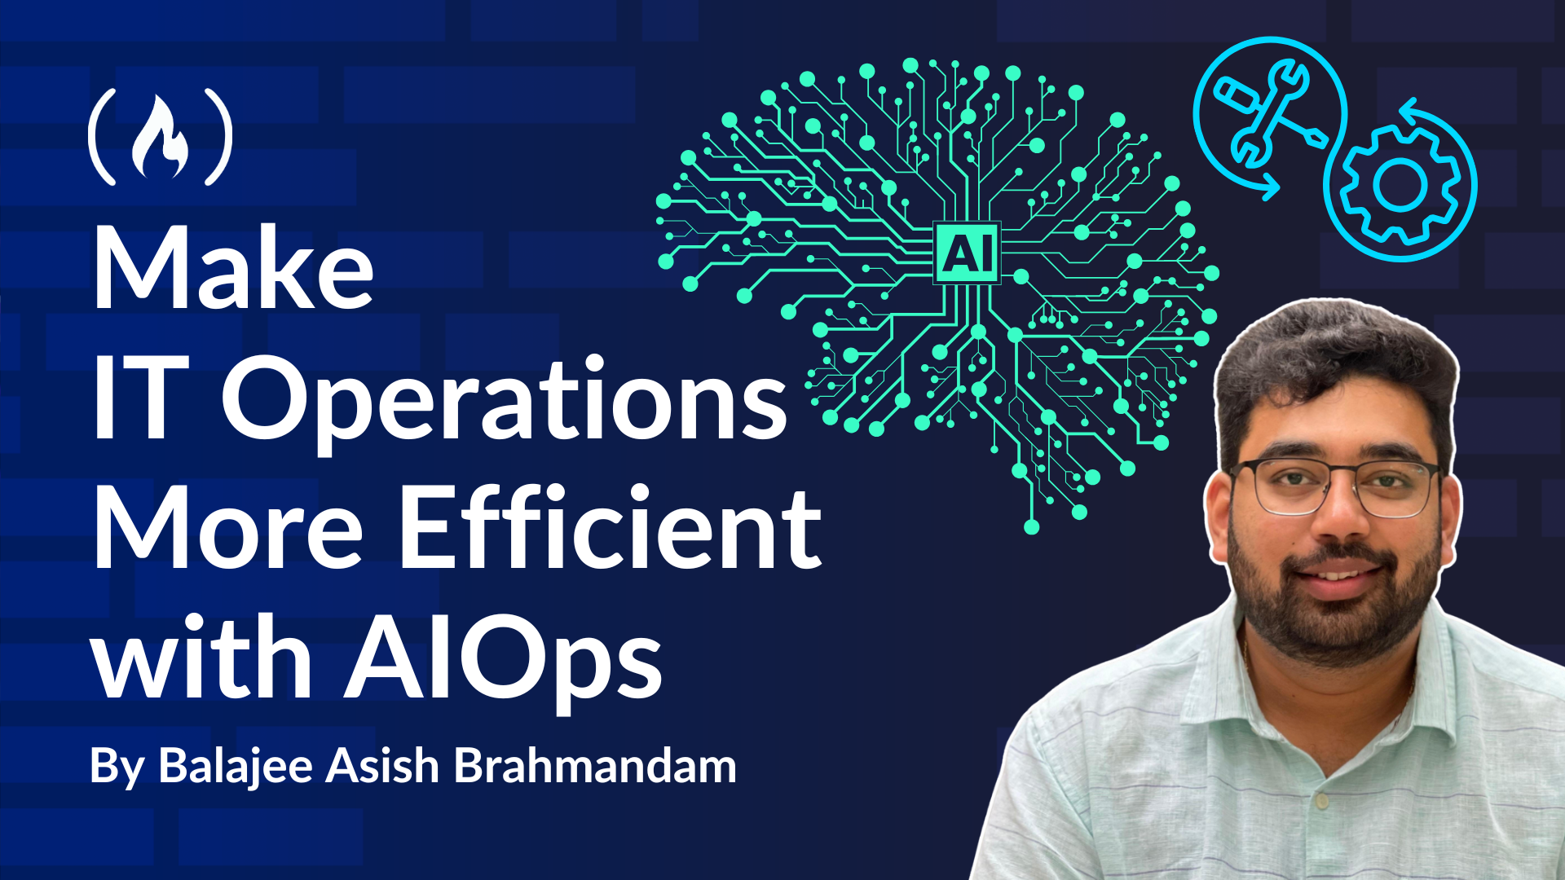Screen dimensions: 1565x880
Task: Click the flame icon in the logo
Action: [x=161, y=137]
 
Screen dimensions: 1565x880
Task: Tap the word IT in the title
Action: [x=141, y=398]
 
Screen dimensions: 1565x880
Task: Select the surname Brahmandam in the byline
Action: [x=595, y=766]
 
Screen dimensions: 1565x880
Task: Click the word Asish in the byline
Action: [x=383, y=766]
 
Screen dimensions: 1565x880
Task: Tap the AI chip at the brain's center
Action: [x=967, y=252]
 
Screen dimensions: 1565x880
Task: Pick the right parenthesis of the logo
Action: [x=218, y=136]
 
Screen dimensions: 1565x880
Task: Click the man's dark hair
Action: [x=1337, y=359]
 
